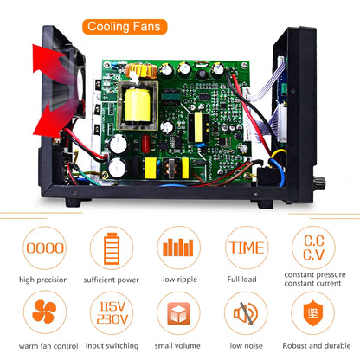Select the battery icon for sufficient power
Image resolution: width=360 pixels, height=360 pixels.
111,247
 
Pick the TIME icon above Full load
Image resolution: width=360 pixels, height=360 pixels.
247,247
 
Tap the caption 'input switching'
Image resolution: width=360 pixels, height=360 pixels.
111,346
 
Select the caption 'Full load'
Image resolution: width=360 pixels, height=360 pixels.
247,280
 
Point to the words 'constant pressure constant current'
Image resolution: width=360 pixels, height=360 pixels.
316,285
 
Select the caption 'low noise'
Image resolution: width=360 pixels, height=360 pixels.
247,346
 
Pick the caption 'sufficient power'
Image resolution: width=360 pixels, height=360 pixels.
111,280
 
